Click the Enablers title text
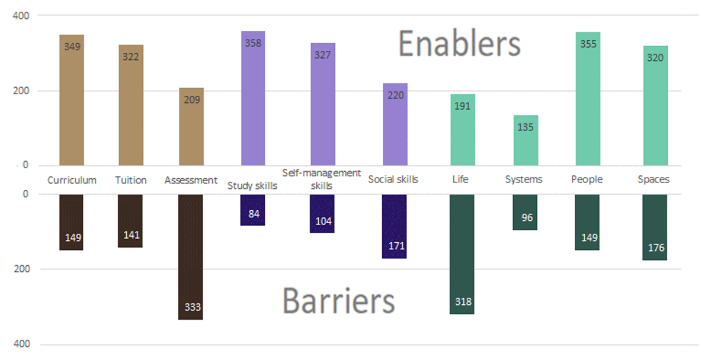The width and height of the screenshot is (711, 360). coord(459,44)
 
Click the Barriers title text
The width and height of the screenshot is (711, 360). coord(338,300)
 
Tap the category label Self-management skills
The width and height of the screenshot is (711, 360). coord(322,179)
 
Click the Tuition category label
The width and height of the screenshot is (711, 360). coord(131,180)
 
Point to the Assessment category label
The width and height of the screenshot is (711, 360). coord(191,180)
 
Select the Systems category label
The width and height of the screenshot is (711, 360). coord(523,179)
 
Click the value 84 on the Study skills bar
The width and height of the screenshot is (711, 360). coord(254,214)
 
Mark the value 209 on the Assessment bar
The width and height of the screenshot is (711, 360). coord(191,99)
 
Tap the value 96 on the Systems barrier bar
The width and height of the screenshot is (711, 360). coord(527,217)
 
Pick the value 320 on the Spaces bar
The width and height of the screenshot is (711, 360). coord(655,57)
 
